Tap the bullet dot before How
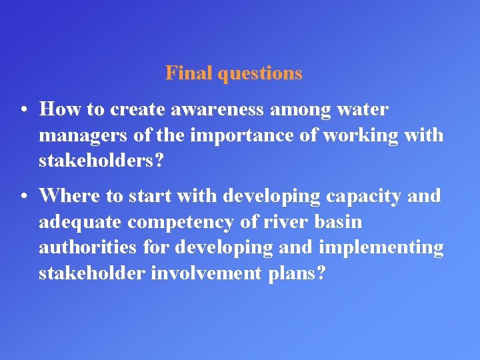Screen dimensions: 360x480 click(23, 109)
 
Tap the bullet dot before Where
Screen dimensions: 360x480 click(23, 196)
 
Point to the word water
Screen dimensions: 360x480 click(363, 109)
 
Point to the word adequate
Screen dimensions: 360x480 click(81, 222)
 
